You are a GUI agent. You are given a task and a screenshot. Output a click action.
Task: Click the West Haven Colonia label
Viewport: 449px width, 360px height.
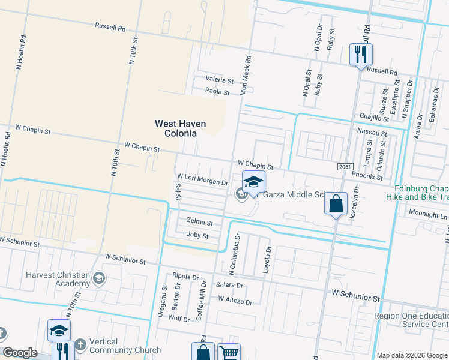(180, 128)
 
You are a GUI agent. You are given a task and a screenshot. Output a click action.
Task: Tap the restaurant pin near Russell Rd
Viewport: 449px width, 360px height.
(361, 55)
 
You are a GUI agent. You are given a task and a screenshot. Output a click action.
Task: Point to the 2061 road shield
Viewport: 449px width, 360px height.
(345, 166)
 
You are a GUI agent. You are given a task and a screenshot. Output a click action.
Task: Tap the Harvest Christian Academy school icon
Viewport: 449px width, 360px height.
(98, 278)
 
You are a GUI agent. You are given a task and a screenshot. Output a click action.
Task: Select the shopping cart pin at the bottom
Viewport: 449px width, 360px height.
(229, 353)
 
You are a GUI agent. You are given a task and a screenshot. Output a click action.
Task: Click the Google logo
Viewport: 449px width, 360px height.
(20, 353)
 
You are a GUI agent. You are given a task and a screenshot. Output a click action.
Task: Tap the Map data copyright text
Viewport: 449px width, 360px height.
(411, 355)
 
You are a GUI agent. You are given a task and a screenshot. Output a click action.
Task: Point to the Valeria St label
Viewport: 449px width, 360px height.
(219, 80)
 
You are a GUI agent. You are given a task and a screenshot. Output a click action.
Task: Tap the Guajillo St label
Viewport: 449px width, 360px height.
(375, 116)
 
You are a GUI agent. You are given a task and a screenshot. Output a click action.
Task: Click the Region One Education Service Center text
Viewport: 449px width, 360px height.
(411, 320)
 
